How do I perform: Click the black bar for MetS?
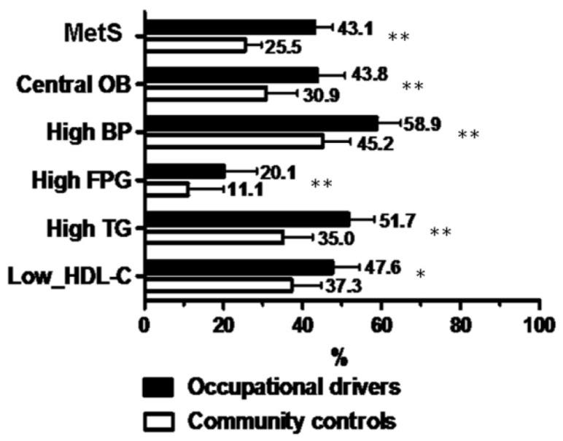coord(230,28)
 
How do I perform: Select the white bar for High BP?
coord(234,141)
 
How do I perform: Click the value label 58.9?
coord(423,125)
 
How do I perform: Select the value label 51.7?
coord(397,219)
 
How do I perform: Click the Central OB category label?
coord(73,83)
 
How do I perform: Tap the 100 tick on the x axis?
coord(539,321)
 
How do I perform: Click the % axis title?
coord(338,356)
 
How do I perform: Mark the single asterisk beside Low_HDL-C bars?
coord(421,275)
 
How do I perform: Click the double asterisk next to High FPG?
coord(322,183)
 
